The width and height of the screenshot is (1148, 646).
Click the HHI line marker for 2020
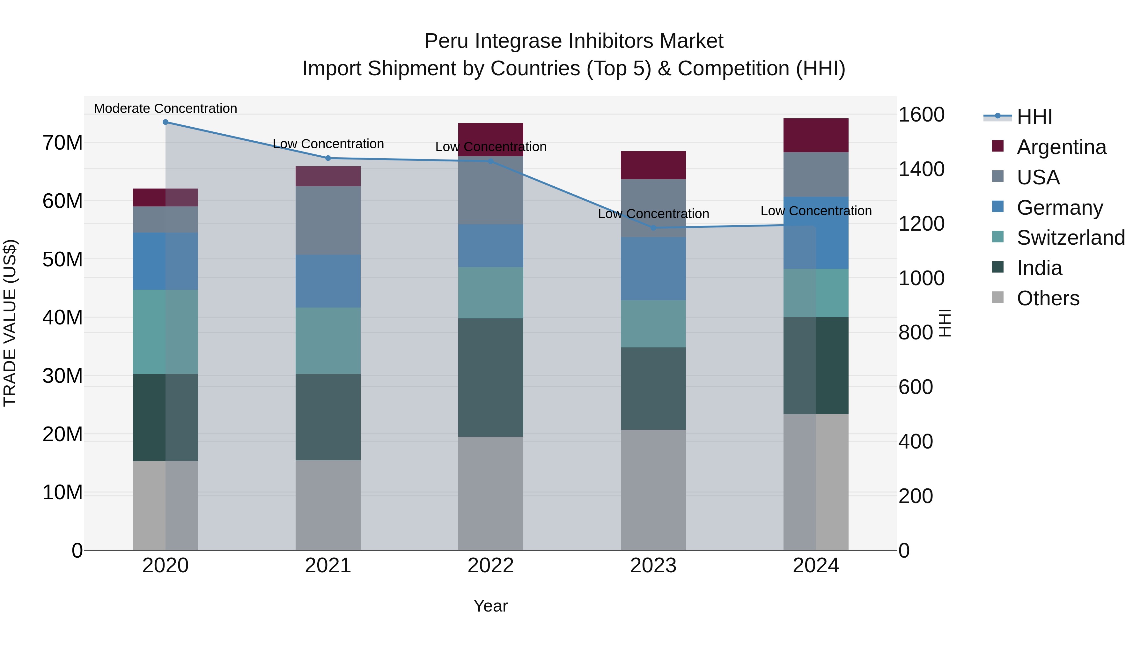(165, 122)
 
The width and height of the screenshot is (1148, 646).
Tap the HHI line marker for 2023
(653, 228)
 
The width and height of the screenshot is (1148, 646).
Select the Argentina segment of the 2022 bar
(491, 139)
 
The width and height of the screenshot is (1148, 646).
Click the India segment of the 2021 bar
(328, 417)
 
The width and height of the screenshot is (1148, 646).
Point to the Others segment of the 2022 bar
(491, 493)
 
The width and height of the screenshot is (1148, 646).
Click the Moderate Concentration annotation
(165, 108)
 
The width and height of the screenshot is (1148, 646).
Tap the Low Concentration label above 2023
(653, 214)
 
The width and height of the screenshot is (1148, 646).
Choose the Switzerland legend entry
(1071, 238)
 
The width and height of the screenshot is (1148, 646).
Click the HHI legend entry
(1034, 117)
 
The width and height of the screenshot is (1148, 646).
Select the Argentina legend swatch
(998, 146)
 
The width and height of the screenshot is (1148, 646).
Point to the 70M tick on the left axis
(63, 143)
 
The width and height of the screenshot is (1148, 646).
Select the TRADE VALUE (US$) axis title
(10, 323)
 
